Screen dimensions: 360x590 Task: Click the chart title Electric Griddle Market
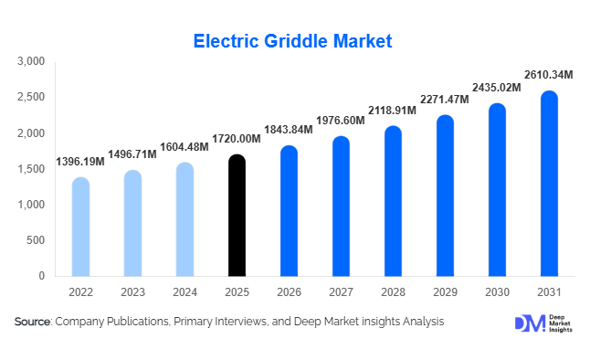(293, 40)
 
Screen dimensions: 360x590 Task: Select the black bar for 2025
(237, 216)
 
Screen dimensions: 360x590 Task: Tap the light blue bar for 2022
(80, 227)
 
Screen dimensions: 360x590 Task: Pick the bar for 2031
(549, 184)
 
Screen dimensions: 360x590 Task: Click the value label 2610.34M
(548, 74)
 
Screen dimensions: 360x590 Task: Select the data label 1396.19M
(79, 162)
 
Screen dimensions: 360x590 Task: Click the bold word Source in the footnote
(33, 322)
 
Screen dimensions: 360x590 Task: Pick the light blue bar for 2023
(132, 223)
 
